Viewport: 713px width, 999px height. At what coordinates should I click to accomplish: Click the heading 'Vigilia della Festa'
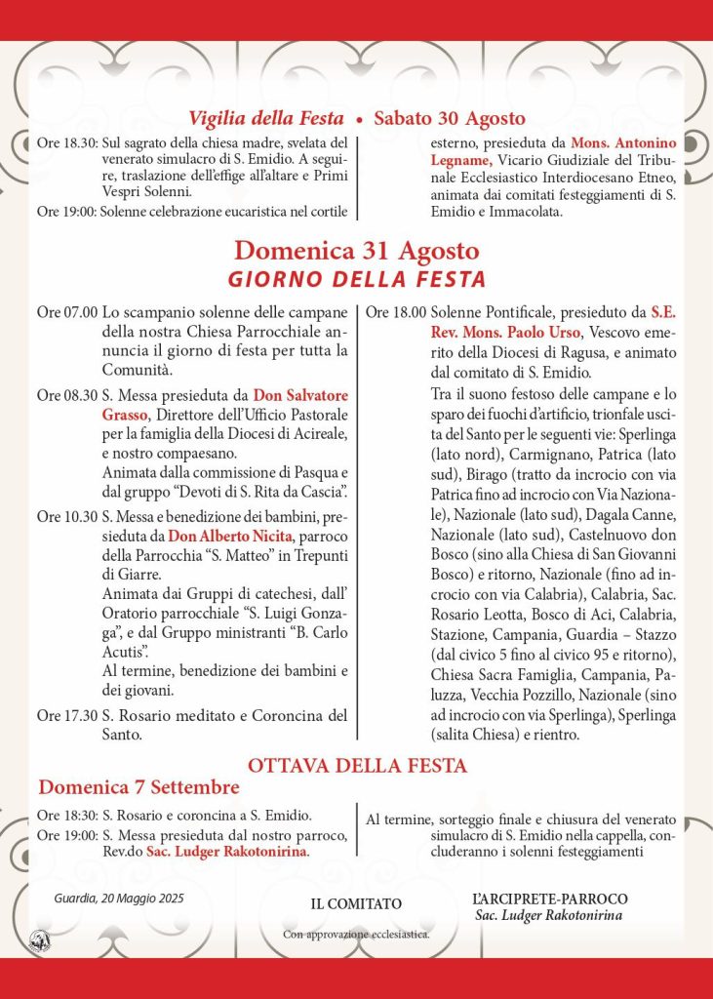(266, 118)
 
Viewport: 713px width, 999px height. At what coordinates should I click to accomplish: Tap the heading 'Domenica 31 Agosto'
(356, 250)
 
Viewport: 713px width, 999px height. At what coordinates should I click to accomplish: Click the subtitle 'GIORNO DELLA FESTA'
(356, 280)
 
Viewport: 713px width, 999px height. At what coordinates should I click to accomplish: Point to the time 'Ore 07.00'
(66, 313)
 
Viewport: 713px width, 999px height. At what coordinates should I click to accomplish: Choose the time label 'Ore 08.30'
(66, 396)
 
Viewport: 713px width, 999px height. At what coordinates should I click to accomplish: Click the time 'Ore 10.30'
(66, 515)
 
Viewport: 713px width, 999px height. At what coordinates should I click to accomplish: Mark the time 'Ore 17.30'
(66, 715)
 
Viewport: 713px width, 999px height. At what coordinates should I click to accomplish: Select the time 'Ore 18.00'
(395, 313)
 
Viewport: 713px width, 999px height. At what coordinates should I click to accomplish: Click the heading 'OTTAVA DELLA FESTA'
(357, 765)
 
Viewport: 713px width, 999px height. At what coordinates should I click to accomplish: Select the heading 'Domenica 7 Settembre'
(139, 786)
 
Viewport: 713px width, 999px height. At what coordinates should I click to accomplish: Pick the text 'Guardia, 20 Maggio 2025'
(119, 898)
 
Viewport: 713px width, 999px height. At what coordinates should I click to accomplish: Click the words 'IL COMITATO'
(356, 904)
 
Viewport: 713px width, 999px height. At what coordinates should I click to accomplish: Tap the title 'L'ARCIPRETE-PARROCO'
(549, 899)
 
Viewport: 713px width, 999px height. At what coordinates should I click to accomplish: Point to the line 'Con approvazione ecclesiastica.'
(356, 934)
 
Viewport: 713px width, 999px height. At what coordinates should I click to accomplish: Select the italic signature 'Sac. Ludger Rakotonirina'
(549, 915)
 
